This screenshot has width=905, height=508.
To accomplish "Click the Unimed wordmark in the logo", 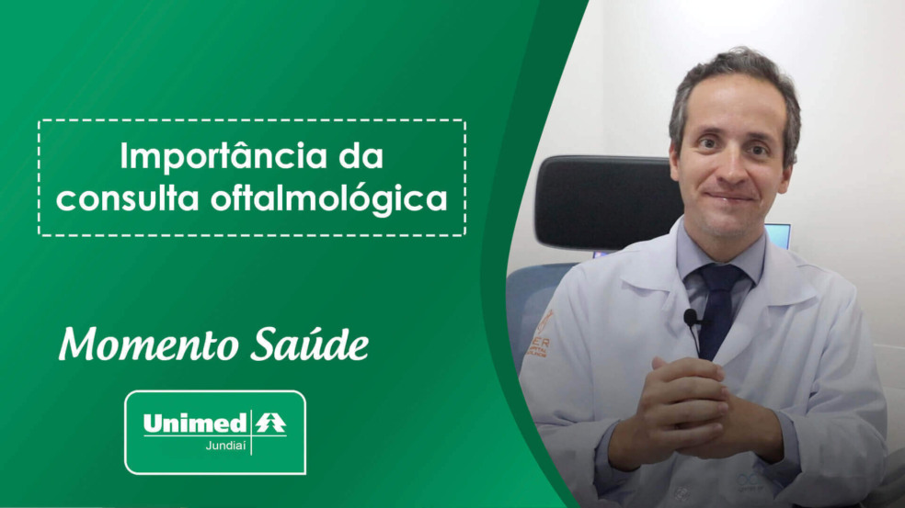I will [x=194, y=423].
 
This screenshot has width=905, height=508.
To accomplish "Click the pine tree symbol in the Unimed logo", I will [x=270, y=423].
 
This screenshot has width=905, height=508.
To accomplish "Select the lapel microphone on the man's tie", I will [x=692, y=319].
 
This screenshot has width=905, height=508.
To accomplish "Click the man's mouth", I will [x=729, y=197].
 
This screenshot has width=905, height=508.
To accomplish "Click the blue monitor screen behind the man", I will [x=779, y=235].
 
